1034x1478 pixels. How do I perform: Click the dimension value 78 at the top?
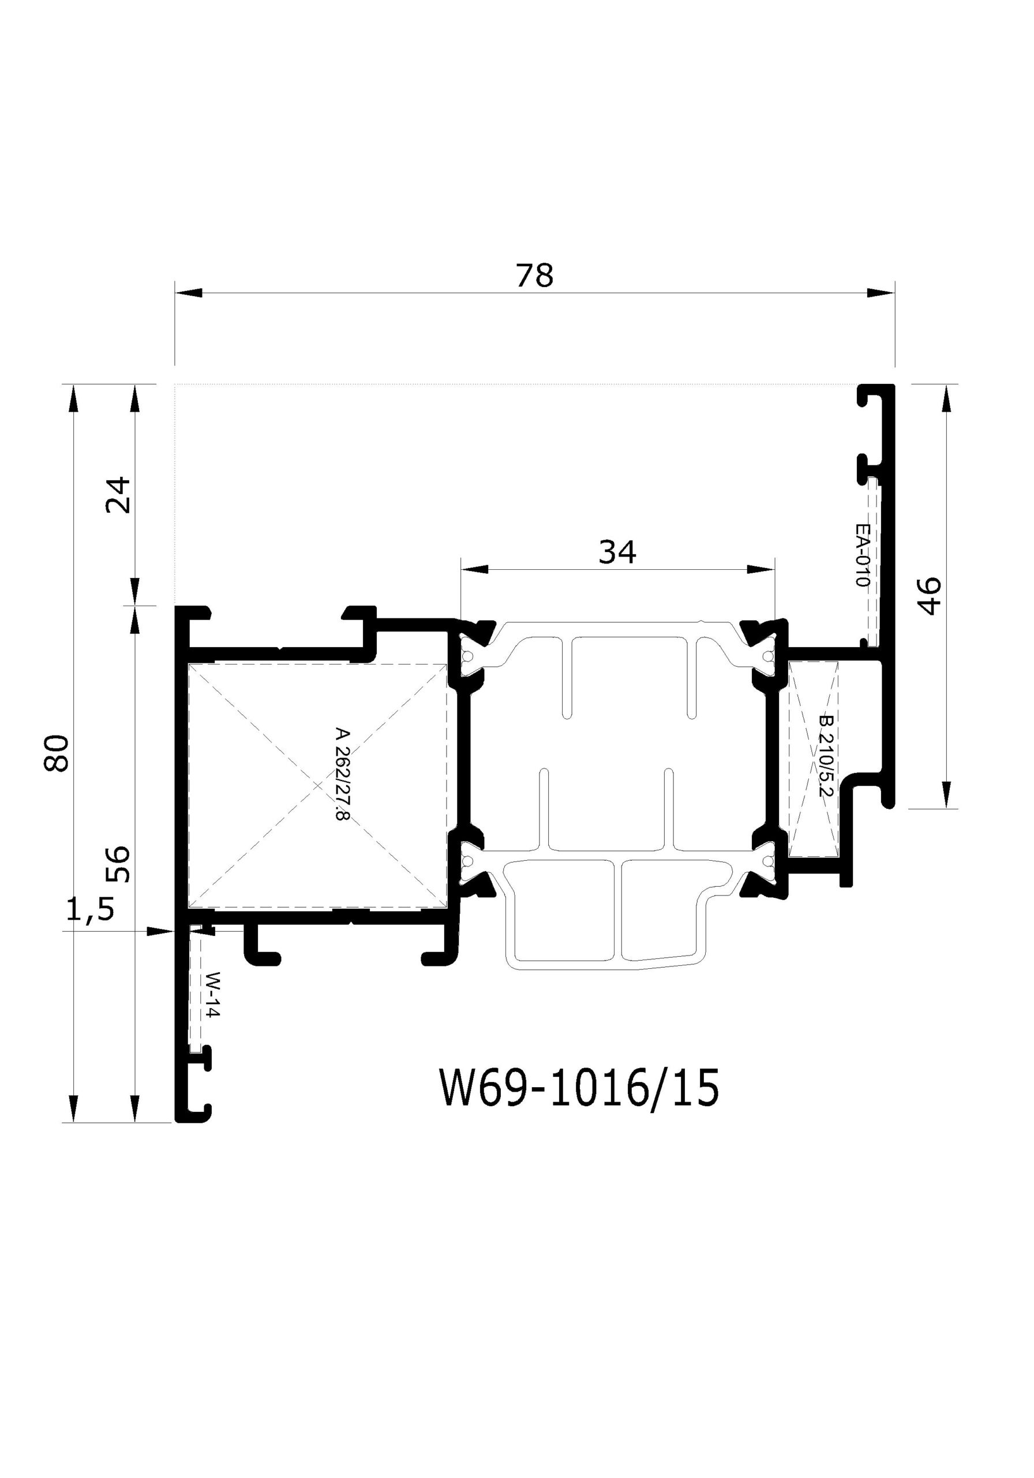534,275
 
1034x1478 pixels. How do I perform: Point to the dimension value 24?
118,494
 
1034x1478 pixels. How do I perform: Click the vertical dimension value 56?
118,864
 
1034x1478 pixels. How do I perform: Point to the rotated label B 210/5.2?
826,756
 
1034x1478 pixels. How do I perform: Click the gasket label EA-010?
861,555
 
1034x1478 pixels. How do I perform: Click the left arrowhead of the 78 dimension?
189,293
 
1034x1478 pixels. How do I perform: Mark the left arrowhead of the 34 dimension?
474,569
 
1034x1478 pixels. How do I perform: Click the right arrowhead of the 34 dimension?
760,569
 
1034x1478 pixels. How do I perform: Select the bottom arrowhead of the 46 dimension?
946,794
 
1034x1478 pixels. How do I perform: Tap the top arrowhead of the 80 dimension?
73,398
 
